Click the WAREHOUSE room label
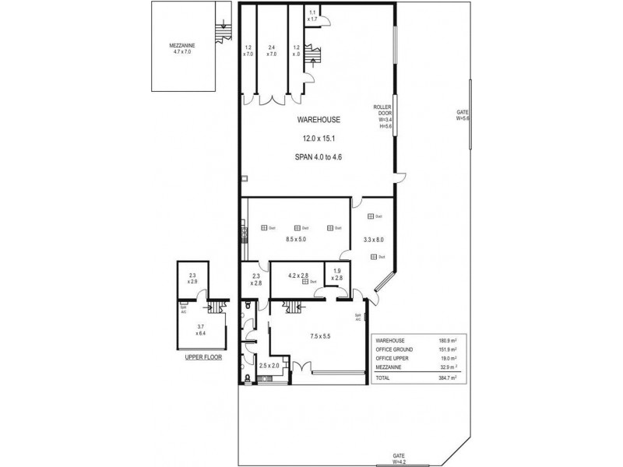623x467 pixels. point(316,120)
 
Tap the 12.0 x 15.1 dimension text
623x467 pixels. point(316,139)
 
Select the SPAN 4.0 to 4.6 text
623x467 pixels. point(318,156)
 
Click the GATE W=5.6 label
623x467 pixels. point(463,116)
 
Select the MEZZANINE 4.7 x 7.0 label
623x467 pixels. point(184,49)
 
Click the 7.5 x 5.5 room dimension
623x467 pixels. point(321,336)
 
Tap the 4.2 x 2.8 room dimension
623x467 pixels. point(299,276)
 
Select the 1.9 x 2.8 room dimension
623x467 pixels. point(336,276)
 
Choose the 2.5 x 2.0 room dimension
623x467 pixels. point(269,364)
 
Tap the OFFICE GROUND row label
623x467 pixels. point(393,350)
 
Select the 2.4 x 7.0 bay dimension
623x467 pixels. point(272,51)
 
